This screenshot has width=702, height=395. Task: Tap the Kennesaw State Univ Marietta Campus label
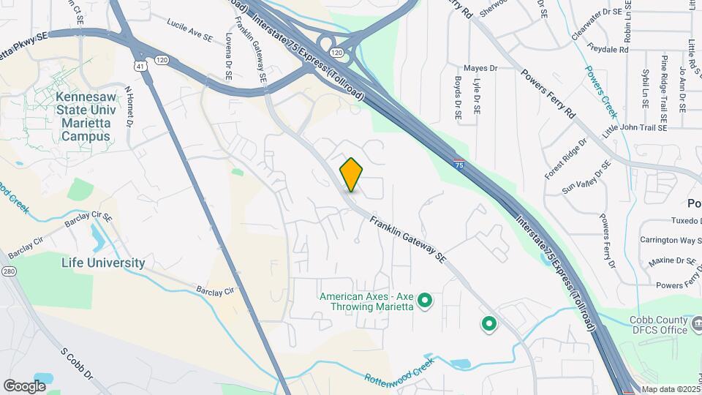86,117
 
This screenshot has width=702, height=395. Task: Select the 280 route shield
9,272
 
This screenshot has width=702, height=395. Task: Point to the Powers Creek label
601,91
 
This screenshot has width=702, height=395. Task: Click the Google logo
24,385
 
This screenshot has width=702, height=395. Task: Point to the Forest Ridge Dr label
566,159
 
